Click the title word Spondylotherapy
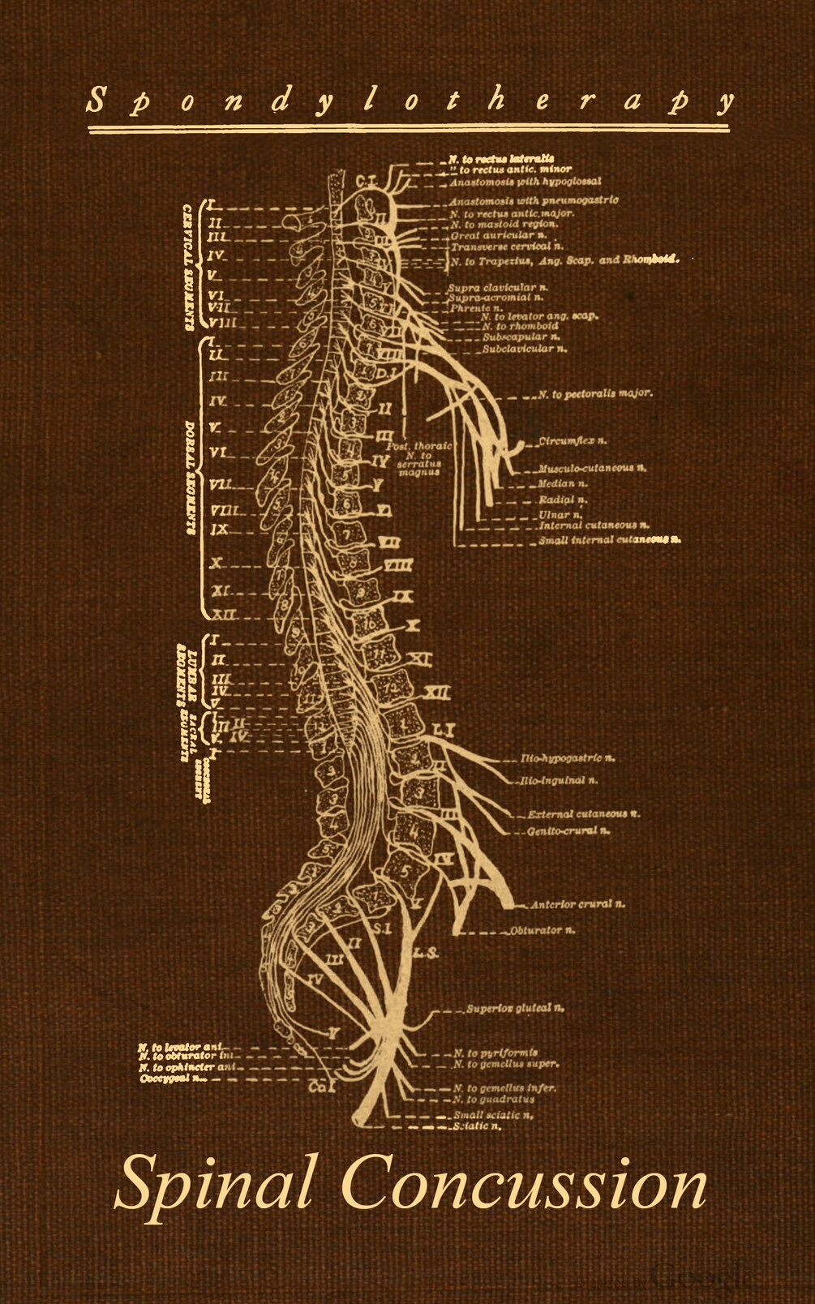pyautogui.click(x=410, y=102)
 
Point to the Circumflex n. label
pyautogui.click(x=573, y=441)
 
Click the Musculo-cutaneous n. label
pyautogui.click(x=592, y=469)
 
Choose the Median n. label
pyautogui.click(x=563, y=484)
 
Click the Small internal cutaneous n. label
pyautogui.click(x=609, y=539)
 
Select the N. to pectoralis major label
pyautogui.click(x=595, y=394)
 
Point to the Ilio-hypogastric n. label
pyautogui.click(x=568, y=758)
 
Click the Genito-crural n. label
pyautogui.click(x=568, y=830)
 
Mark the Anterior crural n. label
pyautogui.click(x=577, y=903)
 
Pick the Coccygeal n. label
pyautogui.click(x=173, y=1079)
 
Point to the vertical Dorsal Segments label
pyautogui.click(x=188, y=476)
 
